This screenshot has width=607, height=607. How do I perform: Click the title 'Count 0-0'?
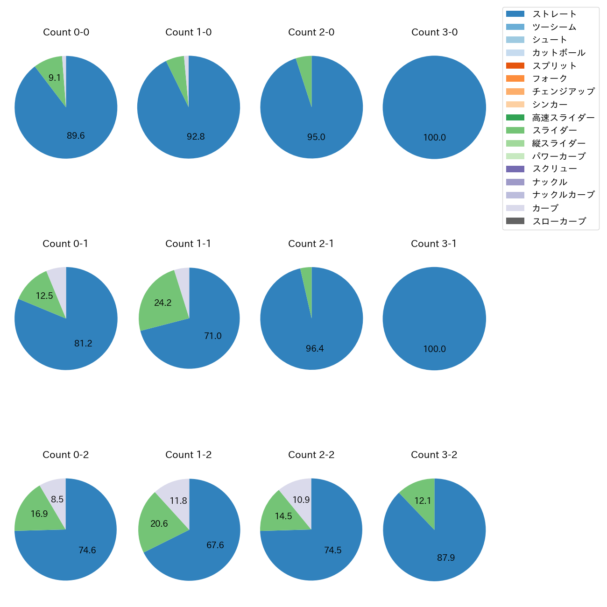click(x=66, y=32)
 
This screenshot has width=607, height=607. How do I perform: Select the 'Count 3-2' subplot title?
click(x=434, y=455)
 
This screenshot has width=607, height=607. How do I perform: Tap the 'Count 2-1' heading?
click(x=311, y=244)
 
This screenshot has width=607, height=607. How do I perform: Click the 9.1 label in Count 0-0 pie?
click(x=55, y=78)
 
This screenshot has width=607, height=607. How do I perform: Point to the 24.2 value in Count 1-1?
click(x=162, y=303)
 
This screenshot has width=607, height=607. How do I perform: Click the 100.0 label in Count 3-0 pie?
click(x=434, y=137)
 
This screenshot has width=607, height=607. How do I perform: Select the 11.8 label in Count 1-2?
click(x=178, y=501)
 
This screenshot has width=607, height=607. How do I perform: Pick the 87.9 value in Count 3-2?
click(x=445, y=558)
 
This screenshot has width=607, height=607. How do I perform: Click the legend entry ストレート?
click(x=554, y=14)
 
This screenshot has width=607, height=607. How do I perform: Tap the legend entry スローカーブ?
click(x=559, y=221)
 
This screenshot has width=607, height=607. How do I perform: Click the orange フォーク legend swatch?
click(x=515, y=78)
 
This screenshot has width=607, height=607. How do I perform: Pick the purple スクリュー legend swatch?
click(x=515, y=169)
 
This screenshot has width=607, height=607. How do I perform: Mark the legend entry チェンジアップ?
click(x=563, y=92)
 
